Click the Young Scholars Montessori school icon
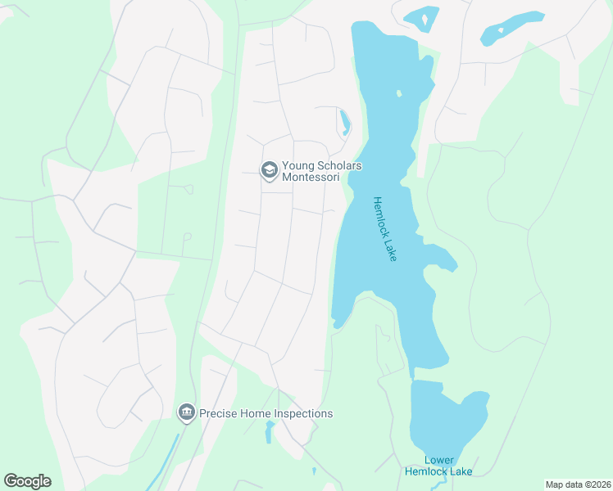[268, 169]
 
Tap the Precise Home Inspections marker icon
[187, 412]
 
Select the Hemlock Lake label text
[384, 229]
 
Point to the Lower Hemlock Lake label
[438, 466]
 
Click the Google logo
[27, 481]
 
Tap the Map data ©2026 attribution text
[578, 484]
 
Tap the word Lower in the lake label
[439, 460]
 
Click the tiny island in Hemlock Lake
[399, 93]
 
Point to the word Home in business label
[256, 413]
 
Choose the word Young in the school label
[298, 165]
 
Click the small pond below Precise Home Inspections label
[270, 431]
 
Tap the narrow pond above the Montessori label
[345, 123]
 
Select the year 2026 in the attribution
[600, 484]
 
